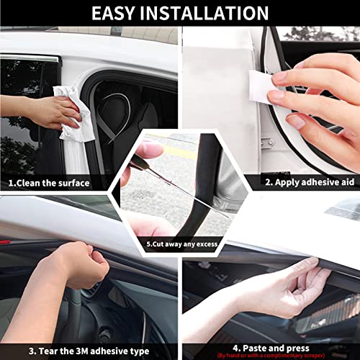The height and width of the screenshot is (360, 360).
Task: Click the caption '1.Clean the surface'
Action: (x=49, y=183)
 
